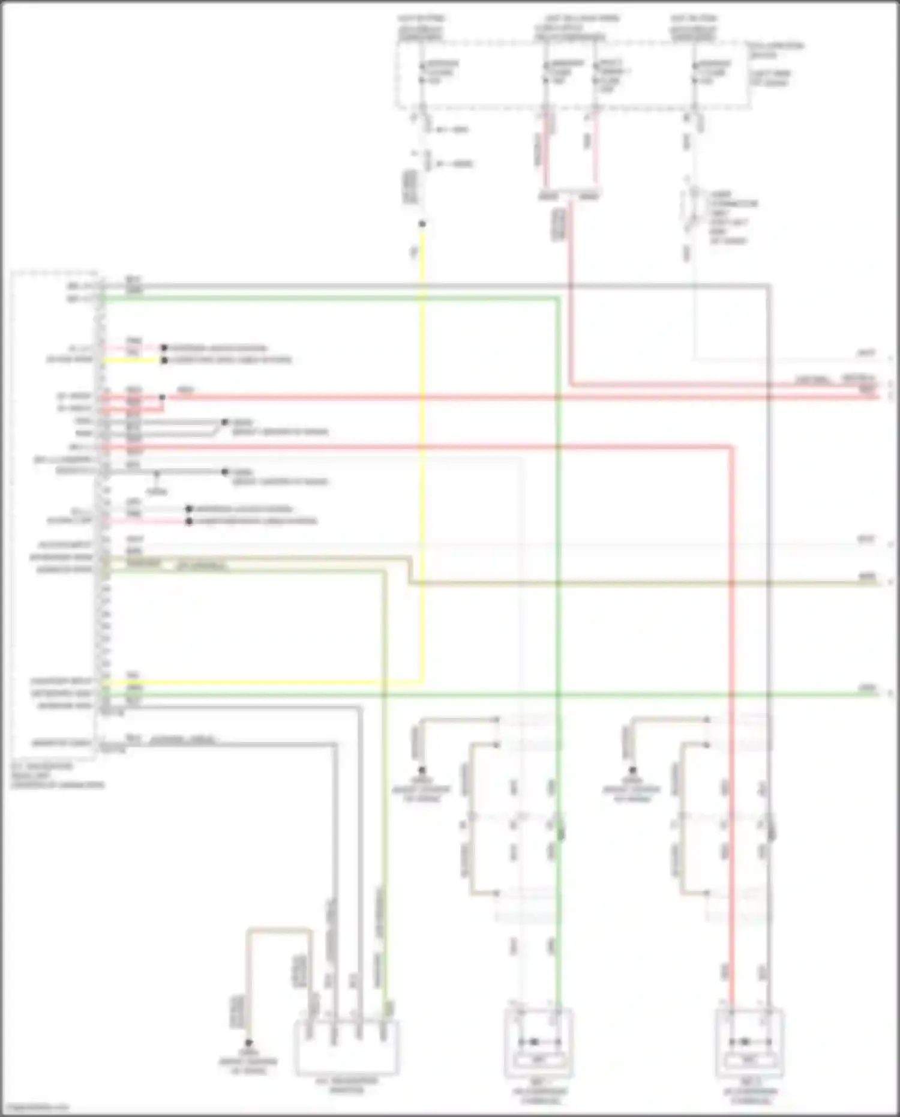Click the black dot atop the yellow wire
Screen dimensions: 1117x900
click(x=422, y=224)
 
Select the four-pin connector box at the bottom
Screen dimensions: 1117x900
click(x=347, y=1047)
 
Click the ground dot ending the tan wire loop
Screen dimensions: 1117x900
click(x=248, y=1043)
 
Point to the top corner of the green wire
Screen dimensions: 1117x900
click(x=558, y=297)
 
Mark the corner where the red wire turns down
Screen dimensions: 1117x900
click(x=731, y=447)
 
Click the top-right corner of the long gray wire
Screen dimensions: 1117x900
click(x=769, y=286)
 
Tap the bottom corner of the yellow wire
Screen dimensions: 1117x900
click(x=422, y=682)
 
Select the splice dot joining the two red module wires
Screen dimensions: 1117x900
click(x=162, y=397)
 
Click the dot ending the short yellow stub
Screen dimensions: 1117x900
click(x=164, y=360)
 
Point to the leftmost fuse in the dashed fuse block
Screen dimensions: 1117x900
click(x=422, y=72)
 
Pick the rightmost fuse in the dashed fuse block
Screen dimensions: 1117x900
click(x=694, y=72)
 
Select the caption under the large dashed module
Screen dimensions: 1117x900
click(x=57, y=775)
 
